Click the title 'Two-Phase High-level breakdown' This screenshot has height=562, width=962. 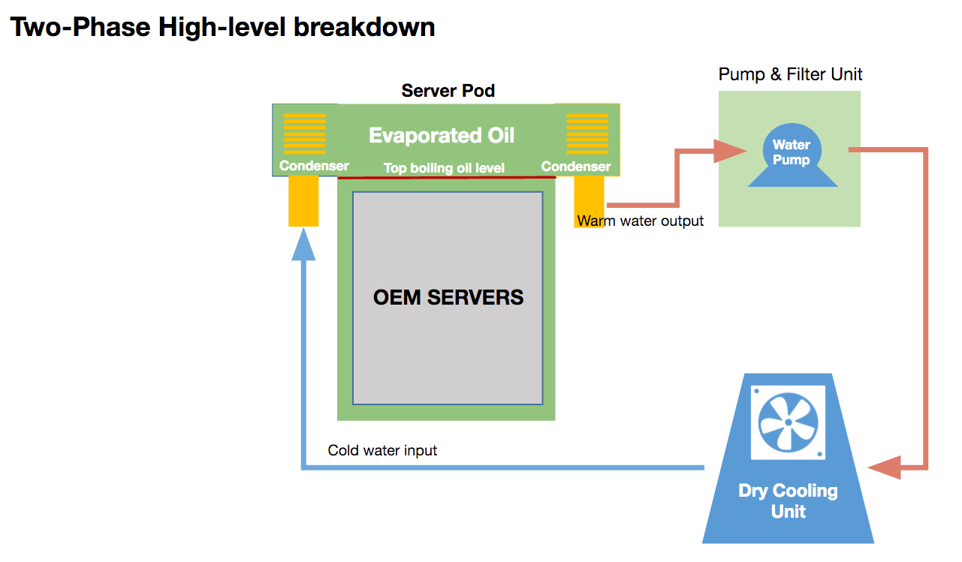point(222,28)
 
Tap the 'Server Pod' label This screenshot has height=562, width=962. point(448,91)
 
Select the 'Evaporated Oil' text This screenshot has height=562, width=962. point(442,136)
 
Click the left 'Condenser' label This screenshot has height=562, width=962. point(314,166)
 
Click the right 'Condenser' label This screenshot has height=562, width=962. point(576,167)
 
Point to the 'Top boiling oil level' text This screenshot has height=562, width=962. point(444,168)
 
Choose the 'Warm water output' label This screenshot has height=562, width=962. point(641,221)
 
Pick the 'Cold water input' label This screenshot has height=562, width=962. point(382,450)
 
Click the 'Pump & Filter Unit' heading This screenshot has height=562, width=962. point(790,74)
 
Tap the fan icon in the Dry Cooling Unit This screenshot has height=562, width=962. point(788,422)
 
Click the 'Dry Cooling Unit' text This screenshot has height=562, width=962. point(788,501)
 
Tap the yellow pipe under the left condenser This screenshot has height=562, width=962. point(303,201)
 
